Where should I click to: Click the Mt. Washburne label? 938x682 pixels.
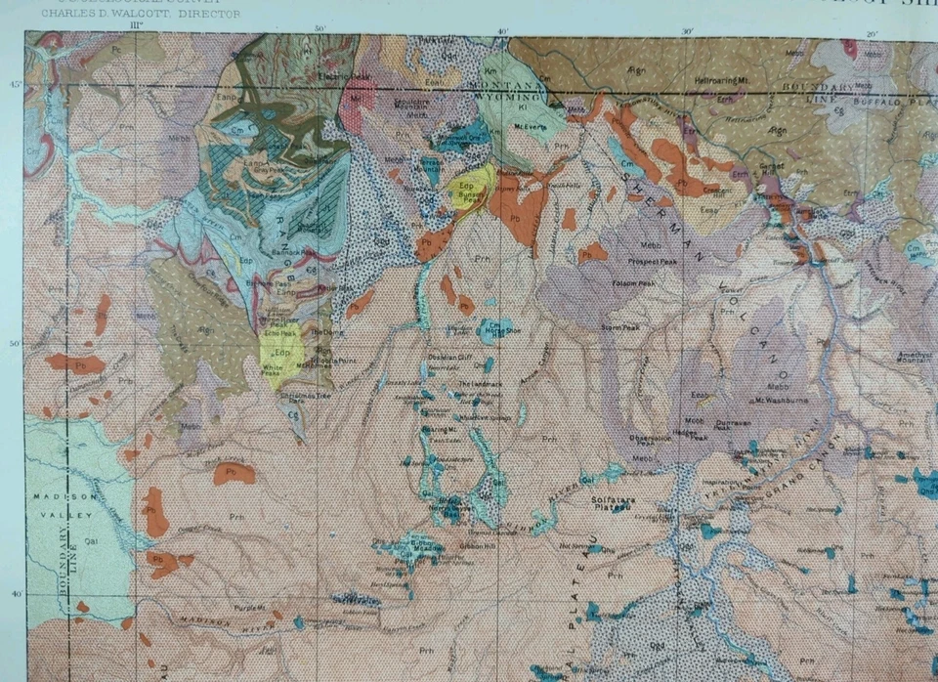click(x=772, y=400)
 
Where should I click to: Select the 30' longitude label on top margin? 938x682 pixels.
click(x=687, y=32)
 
